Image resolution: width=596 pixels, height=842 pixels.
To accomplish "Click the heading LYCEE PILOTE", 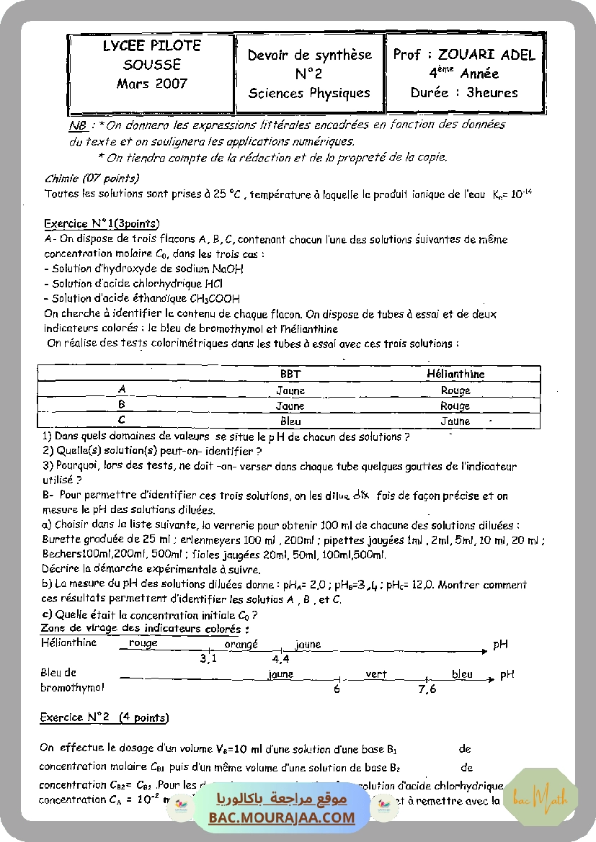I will point(151,45).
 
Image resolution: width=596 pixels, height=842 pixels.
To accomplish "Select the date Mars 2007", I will point(151,84).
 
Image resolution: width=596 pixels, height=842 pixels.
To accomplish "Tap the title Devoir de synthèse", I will point(310,55).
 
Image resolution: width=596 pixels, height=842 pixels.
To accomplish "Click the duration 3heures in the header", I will point(492,92).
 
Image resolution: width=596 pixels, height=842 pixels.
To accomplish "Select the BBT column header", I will point(290,375).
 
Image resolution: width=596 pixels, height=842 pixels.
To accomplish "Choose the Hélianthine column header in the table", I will point(455,375).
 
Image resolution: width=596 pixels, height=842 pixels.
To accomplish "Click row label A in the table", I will point(122,389).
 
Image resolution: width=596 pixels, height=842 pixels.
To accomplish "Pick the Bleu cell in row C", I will point(290,421).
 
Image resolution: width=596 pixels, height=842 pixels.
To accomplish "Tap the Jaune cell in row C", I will point(455,421).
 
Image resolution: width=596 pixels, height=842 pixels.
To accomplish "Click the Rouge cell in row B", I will point(455,406).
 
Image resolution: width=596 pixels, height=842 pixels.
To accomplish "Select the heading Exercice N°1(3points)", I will point(102,223).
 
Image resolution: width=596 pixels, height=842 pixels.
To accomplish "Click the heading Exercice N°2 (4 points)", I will point(104,717).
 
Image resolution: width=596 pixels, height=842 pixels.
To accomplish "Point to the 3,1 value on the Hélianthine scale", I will point(208,658).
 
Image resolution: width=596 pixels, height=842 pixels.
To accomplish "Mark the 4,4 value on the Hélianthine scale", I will point(280,658).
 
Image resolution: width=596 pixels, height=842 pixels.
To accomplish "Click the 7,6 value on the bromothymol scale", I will point(427,689).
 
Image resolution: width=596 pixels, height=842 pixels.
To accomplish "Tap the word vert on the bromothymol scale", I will point(376,674).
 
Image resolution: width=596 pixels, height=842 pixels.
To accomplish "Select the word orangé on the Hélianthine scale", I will point(241,645).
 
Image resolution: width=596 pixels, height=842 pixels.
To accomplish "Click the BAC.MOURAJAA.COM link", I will point(282,818).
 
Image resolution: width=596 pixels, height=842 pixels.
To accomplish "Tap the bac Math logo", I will point(540,796).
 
